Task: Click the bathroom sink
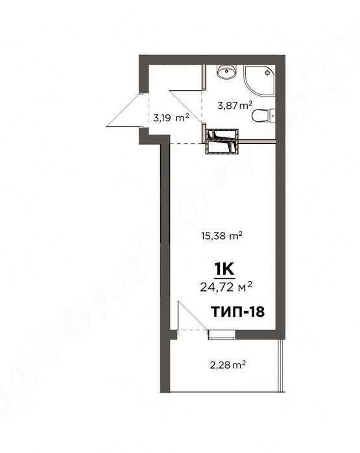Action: [x=226, y=73]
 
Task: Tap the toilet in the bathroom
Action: [x=261, y=117]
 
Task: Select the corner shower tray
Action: [x=259, y=80]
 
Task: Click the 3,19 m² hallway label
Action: [x=171, y=118]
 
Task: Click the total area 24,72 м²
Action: [x=227, y=283]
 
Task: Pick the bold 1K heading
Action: [x=224, y=266]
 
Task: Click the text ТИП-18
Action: [x=238, y=311]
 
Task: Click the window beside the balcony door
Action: [x=223, y=334]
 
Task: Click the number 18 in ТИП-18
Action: [x=256, y=311]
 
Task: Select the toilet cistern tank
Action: [x=272, y=117]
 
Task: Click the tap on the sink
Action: [x=226, y=67]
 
